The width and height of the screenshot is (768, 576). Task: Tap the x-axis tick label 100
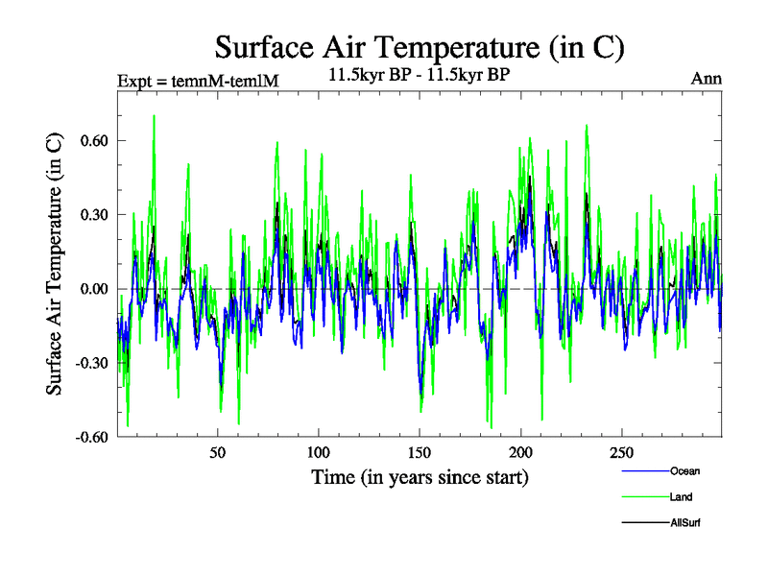pyautogui.click(x=318, y=453)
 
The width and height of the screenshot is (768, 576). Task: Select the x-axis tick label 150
pyautogui.click(x=420, y=453)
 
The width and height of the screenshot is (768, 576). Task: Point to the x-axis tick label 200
pyautogui.click(x=520, y=453)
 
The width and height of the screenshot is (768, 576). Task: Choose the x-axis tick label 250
pyautogui.click(x=621, y=453)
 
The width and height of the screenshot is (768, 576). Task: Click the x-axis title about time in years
pyautogui.click(x=420, y=476)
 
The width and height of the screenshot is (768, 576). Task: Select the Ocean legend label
pyautogui.click(x=685, y=471)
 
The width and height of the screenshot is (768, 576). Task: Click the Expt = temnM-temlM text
pyautogui.click(x=197, y=81)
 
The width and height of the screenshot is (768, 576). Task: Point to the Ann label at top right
pyautogui.click(x=707, y=79)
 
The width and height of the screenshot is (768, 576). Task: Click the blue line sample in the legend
pyautogui.click(x=646, y=471)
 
